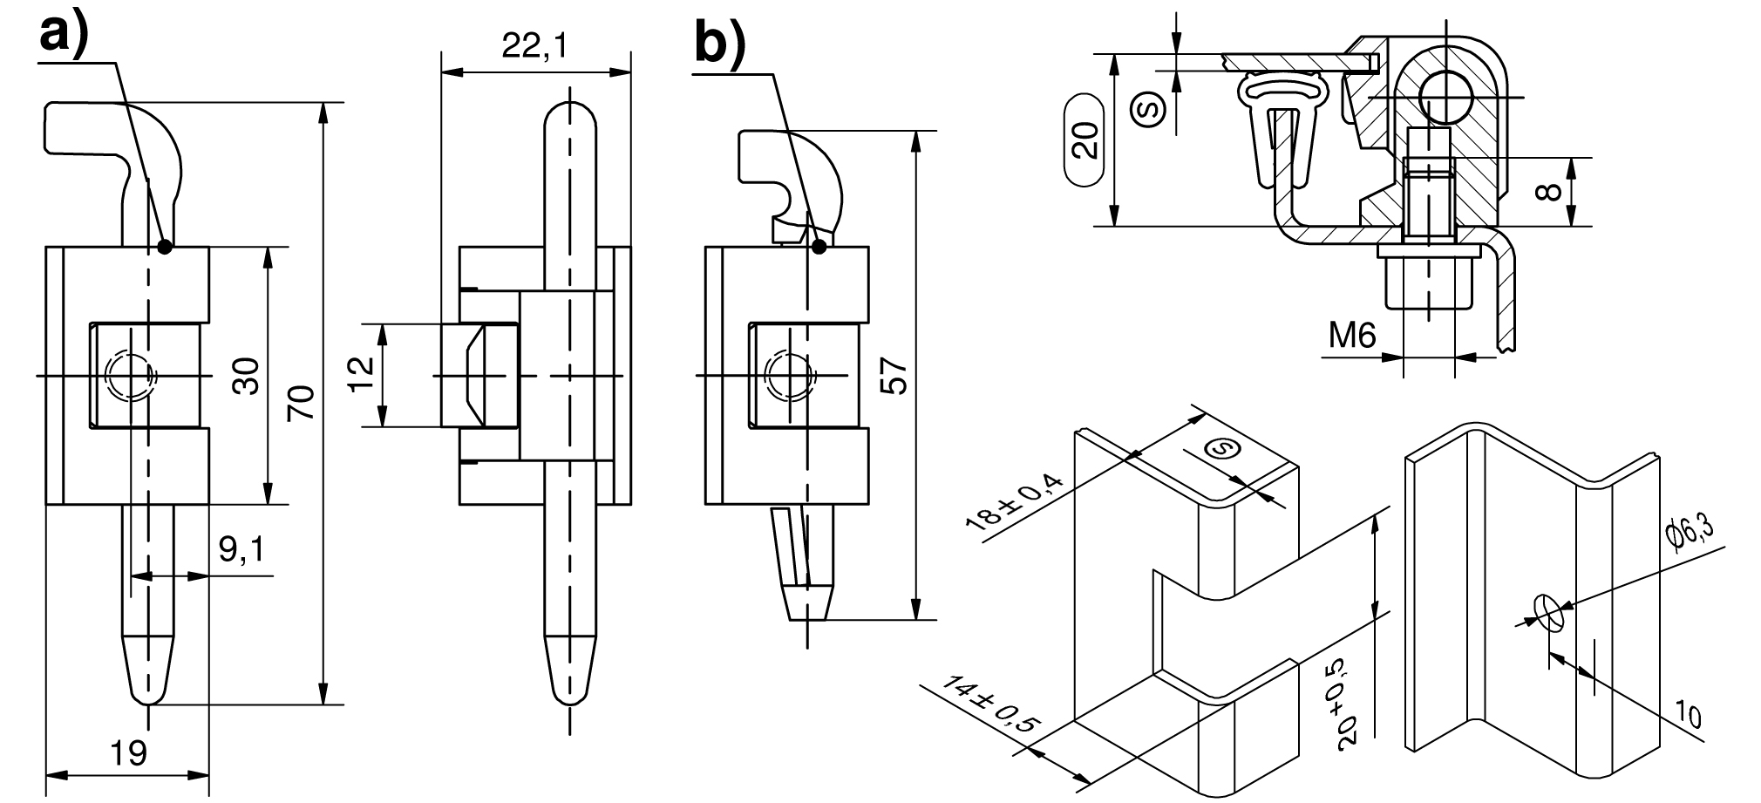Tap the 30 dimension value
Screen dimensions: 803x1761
(247, 376)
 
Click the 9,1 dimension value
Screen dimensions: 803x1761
(241, 550)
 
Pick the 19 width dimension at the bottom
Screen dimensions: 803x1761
(129, 752)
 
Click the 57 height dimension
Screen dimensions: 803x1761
(894, 376)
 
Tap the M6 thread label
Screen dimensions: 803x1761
(1351, 335)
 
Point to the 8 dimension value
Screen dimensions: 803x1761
(1548, 192)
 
